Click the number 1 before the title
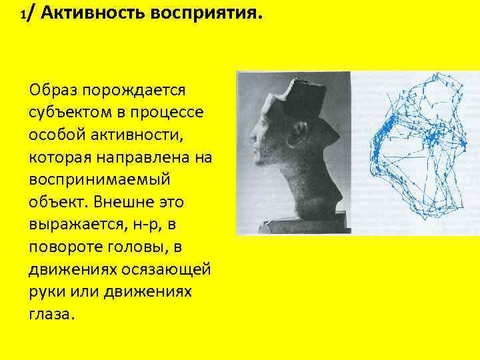pos(24,15)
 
